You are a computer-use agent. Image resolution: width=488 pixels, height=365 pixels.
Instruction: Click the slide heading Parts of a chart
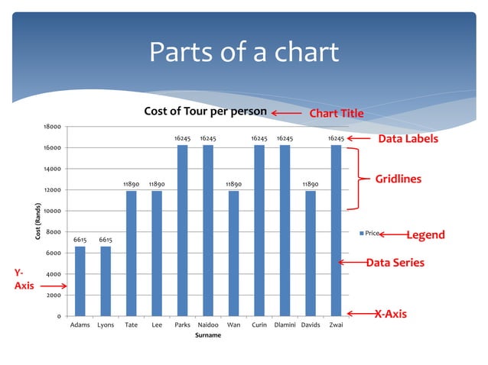[243, 53]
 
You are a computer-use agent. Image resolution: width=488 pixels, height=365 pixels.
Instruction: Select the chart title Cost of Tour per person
[206, 111]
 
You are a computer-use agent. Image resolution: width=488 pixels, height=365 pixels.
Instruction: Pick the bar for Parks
[182, 230]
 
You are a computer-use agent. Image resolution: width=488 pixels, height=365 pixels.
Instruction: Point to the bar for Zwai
[336, 230]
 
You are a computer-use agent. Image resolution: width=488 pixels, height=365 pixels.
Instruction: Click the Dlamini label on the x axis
[285, 325]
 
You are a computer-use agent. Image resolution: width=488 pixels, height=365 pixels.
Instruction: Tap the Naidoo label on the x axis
[207, 325]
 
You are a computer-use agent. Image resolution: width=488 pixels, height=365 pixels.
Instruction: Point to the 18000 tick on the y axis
[52, 127]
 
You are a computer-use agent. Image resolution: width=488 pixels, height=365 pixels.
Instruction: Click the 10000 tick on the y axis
[52, 211]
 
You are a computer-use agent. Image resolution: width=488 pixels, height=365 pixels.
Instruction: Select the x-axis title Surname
[207, 335]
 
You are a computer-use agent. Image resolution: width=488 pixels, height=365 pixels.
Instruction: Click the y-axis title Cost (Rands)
[37, 221]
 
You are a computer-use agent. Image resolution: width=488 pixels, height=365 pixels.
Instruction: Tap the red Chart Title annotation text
[336, 115]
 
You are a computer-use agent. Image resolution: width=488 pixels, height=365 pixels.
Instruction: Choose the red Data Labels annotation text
[408, 139]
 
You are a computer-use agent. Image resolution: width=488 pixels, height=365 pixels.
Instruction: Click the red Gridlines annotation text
[398, 179]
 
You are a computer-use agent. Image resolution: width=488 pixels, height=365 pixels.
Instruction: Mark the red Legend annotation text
[425, 235]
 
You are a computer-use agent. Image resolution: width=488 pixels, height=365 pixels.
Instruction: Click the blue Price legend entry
[371, 233]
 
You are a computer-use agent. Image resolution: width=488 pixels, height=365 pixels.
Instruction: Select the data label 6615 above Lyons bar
[106, 240]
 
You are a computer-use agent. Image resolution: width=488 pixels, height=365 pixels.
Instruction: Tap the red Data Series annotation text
[395, 263]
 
